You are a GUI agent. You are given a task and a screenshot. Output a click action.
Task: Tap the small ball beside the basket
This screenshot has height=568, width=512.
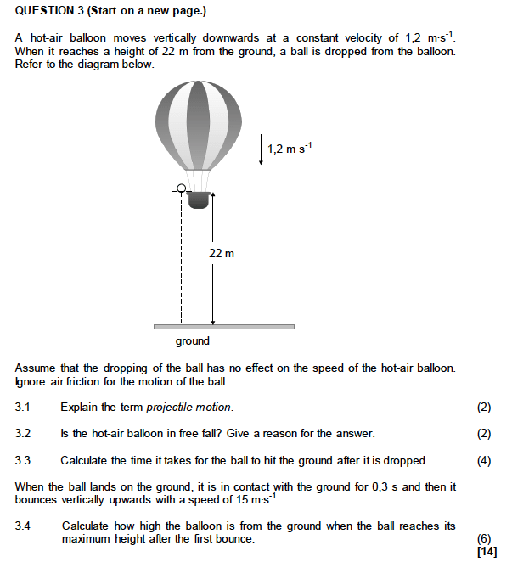[x=181, y=188]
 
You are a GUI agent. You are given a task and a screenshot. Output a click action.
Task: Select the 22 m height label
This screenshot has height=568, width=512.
[x=222, y=253]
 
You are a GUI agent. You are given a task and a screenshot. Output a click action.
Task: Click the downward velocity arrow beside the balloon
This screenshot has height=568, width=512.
[x=262, y=148]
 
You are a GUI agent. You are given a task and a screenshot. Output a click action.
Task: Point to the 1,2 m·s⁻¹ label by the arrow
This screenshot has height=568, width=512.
[x=290, y=149]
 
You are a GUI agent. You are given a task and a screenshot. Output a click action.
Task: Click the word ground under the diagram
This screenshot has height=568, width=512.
[x=193, y=341]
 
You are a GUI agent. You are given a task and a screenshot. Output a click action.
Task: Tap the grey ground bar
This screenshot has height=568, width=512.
[x=223, y=326]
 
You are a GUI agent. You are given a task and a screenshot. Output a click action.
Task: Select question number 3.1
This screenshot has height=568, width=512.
[x=23, y=408]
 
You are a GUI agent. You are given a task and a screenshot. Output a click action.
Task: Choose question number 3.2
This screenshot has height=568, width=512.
[x=23, y=434]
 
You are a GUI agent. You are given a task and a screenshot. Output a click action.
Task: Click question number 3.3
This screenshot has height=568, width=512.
[x=23, y=461]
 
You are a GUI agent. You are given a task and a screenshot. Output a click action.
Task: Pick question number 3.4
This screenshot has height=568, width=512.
[x=23, y=526]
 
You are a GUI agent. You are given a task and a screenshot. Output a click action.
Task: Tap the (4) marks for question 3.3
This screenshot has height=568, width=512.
[x=484, y=461]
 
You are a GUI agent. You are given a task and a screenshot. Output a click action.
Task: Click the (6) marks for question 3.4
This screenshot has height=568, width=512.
[x=484, y=539]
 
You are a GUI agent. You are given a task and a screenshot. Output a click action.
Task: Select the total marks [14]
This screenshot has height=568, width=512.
[x=487, y=552]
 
